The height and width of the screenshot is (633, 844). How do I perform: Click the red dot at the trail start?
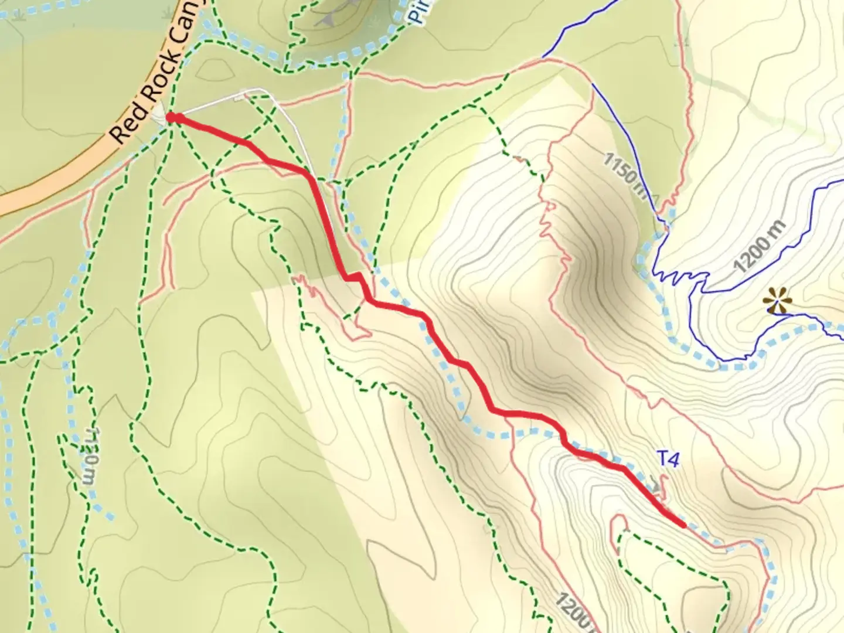[171, 118]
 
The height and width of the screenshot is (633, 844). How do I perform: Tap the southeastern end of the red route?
[683, 525]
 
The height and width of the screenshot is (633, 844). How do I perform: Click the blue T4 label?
[667, 460]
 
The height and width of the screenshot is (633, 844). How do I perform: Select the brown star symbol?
[777, 301]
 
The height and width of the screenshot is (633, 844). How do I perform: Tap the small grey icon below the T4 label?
[659, 486]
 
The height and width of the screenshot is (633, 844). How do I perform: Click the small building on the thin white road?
[239, 98]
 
